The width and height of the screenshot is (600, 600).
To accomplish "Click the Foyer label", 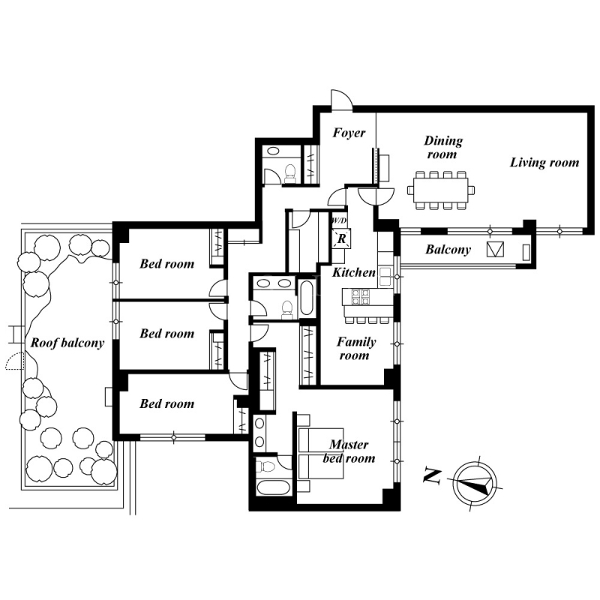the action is (349, 133).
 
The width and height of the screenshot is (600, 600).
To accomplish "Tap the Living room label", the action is (544, 162).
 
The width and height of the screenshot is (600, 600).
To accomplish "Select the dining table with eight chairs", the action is (441, 190).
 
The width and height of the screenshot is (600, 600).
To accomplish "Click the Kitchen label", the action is (354, 272).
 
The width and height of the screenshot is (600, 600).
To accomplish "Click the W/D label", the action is (339, 220).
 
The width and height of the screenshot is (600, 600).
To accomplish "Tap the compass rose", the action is (475, 483).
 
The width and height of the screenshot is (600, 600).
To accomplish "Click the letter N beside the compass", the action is (432, 476).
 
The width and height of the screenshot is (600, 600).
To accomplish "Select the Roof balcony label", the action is (67, 343).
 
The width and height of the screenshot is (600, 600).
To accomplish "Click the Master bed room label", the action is (349, 451).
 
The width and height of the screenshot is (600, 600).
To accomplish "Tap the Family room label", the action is (355, 349).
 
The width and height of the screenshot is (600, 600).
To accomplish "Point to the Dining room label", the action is (443, 147).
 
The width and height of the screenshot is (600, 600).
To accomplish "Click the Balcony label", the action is (448, 250).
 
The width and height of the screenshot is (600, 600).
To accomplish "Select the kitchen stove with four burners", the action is (361, 296).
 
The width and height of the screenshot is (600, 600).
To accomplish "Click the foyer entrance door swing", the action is (341, 100).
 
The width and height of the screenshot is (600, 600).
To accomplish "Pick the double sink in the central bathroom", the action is (274, 283).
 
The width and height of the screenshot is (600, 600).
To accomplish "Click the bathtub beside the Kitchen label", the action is (307, 298).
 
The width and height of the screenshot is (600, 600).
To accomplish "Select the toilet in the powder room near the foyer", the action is (291, 173).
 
